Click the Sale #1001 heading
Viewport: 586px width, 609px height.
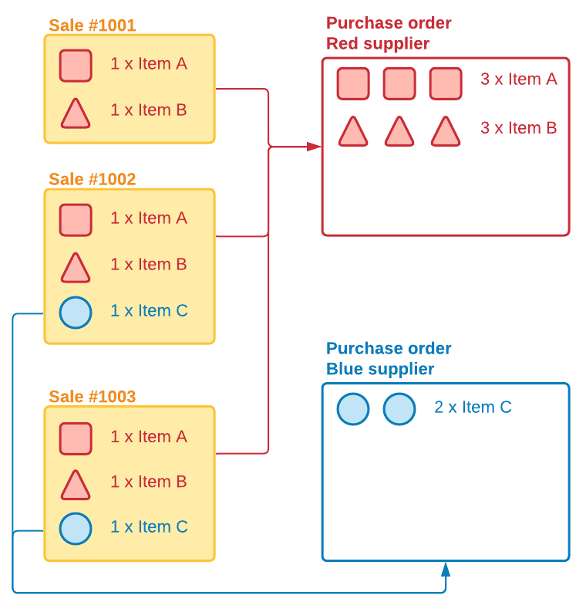click(x=92, y=25)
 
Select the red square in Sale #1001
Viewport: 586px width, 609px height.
click(x=76, y=66)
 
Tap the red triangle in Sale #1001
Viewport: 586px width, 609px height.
click(x=76, y=114)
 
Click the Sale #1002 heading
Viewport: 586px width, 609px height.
click(x=92, y=179)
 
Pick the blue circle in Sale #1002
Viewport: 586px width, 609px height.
click(x=76, y=312)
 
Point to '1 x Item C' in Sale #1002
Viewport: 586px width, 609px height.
click(x=149, y=311)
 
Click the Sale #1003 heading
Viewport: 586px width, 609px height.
click(x=92, y=397)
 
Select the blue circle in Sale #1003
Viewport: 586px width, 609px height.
click(x=76, y=529)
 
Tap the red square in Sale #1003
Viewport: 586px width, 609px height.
click(x=76, y=438)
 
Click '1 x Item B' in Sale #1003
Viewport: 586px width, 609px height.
click(x=149, y=482)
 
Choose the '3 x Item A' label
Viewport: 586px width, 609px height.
click(x=518, y=79)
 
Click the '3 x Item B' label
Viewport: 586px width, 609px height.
click(x=518, y=128)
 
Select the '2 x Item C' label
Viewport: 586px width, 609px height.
click(x=473, y=407)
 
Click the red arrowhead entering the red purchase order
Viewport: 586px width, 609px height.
click(x=314, y=146)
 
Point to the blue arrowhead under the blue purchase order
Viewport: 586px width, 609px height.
click(x=446, y=570)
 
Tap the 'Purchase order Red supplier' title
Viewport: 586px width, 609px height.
click(x=389, y=33)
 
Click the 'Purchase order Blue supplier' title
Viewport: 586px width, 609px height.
click(x=389, y=358)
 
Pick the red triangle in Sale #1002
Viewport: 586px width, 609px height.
click(x=76, y=269)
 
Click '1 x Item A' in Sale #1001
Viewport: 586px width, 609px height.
click(x=149, y=64)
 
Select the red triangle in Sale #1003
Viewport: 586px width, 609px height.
click(x=76, y=486)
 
